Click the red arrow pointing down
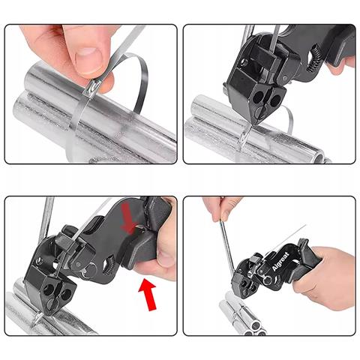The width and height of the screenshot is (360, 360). pos(129,220)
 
